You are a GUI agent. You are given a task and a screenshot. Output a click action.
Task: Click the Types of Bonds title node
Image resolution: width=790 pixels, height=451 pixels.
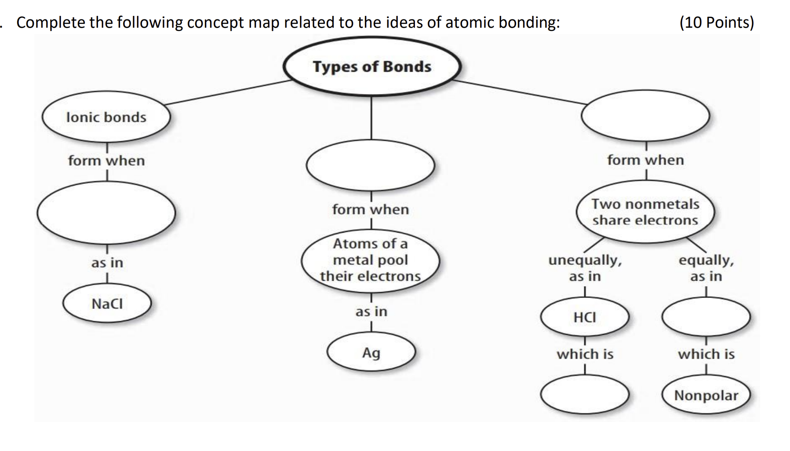372,67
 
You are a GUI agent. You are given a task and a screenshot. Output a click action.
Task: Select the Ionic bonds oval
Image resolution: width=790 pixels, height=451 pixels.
106,117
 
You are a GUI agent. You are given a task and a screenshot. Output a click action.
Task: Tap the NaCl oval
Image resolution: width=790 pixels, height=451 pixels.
107,304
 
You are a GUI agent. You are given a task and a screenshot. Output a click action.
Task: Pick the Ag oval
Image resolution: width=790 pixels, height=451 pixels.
371,352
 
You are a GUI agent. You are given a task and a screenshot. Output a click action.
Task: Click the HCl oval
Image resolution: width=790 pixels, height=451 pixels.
585,317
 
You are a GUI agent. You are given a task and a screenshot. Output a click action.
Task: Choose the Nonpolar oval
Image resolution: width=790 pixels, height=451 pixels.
706,395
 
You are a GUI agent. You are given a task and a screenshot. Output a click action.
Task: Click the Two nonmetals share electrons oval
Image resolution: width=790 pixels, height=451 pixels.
645,212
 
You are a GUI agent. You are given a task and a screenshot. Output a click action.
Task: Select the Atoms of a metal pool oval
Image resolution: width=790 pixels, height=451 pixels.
370,260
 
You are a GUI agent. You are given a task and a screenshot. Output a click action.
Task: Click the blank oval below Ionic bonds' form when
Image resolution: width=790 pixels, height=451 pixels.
106,213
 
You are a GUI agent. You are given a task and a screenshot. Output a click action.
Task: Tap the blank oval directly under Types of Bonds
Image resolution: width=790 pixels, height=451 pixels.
370,166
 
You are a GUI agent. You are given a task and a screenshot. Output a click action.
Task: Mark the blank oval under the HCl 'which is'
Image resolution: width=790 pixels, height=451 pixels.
585,395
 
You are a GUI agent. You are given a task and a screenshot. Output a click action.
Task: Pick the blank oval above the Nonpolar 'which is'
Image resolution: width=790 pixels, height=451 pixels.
706,317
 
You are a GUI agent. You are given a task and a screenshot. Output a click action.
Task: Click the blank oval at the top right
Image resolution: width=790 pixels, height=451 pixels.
645,116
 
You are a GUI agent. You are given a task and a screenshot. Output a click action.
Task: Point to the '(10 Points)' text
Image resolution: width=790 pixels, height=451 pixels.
717,22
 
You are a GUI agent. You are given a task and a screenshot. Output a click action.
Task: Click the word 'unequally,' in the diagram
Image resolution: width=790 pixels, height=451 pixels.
585,260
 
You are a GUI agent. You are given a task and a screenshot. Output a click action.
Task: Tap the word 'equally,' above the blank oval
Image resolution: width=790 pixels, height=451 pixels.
706,260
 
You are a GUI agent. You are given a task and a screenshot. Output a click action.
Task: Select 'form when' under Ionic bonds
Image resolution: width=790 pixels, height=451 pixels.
106,161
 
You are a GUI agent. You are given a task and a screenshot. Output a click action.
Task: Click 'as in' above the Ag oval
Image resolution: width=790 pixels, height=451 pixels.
371,312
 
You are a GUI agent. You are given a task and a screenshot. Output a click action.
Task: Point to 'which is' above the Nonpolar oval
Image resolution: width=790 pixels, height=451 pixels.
706,354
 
